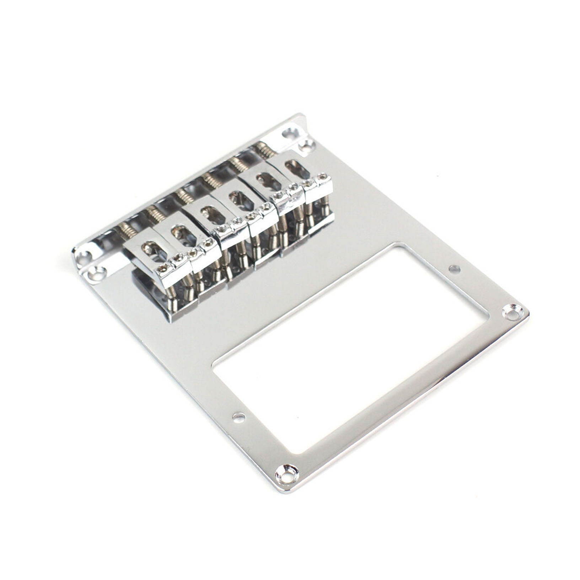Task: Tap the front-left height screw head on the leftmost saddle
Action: [x=163, y=269]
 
